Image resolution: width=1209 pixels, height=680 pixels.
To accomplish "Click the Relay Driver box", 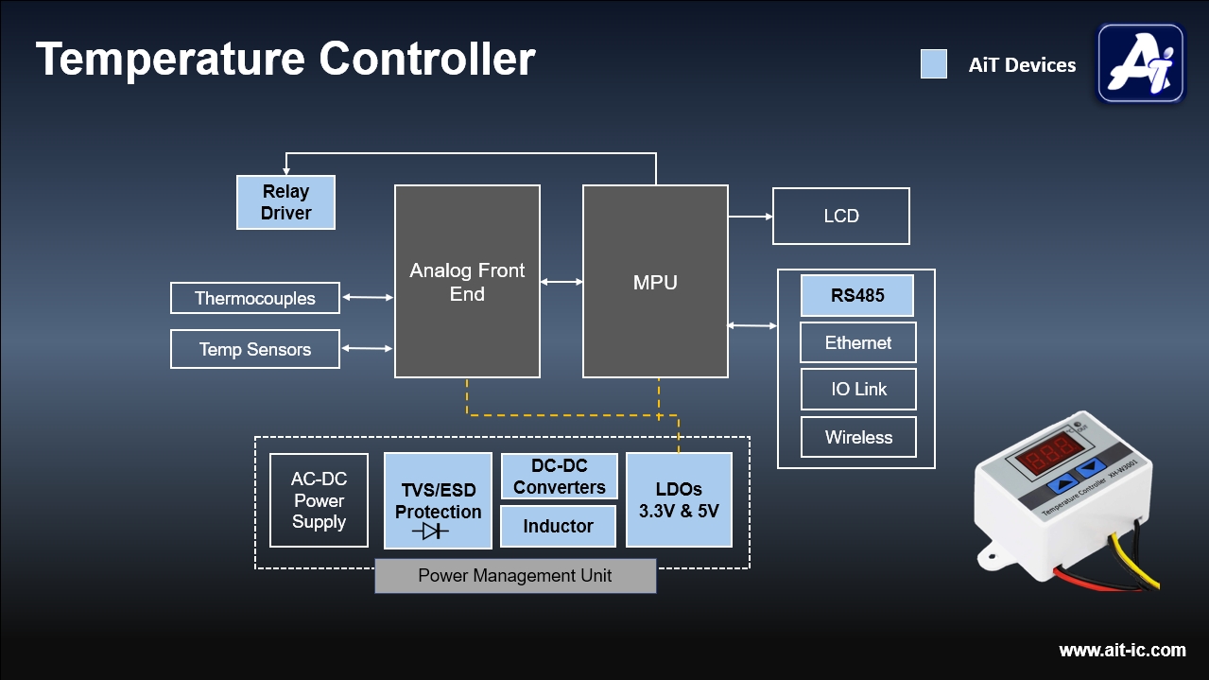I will click(285, 202).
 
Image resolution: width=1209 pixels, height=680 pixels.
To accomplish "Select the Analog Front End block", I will click(467, 282).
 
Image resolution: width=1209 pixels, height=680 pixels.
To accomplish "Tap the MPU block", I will click(655, 282).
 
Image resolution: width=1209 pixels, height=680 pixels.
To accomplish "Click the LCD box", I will click(840, 216).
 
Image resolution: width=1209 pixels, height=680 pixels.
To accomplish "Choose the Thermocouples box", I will click(255, 298).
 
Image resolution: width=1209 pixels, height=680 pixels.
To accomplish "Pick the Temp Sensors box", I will click(255, 349).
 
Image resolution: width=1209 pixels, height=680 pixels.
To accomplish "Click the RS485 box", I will click(857, 295).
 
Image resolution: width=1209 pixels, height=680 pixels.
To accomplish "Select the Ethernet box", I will click(857, 342).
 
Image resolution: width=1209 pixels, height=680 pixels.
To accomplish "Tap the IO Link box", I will click(857, 389).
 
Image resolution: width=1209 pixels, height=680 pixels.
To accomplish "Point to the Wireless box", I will click(857, 437).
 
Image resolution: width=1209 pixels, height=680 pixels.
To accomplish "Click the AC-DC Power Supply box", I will click(319, 500).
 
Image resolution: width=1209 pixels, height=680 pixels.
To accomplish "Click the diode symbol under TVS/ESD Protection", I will click(435, 532).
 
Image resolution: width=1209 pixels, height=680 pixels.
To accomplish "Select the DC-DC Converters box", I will click(559, 477).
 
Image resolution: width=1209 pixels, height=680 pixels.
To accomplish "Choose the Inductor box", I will click(558, 527).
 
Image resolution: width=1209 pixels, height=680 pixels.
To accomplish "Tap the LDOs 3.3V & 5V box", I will click(679, 500).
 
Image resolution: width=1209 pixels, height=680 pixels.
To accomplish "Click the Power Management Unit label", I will click(515, 576).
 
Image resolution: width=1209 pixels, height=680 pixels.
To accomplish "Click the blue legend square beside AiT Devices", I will click(934, 64).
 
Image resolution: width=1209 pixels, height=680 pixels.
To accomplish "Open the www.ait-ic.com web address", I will click(1122, 650).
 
